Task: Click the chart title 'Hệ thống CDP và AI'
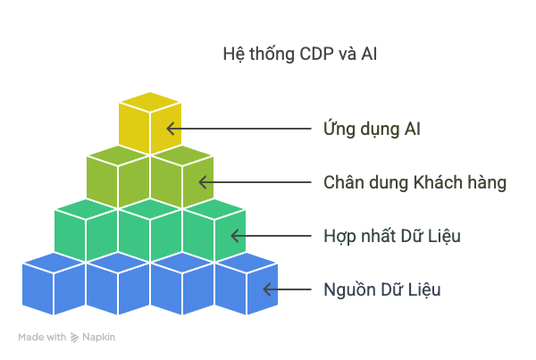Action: [x=300, y=54]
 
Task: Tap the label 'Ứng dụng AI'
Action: [x=372, y=129]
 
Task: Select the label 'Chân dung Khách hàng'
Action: [x=415, y=182]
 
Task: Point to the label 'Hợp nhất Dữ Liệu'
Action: [x=392, y=236]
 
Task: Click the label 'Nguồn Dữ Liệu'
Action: [x=382, y=290]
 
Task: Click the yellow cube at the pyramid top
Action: [x=150, y=123]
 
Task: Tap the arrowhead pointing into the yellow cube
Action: [x=171, y=129]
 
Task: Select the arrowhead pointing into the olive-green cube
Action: [x=203, y=182]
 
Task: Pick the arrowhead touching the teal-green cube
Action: [x=235, y=236]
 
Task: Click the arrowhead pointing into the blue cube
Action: [x=267, y=289]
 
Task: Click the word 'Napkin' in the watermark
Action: [x=99, y=338]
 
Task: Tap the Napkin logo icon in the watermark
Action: [x=74, y=338]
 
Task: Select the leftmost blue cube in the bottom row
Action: [x=54, y=284]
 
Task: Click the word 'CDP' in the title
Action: [x=316, y=54]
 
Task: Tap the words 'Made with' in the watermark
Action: [x=42, y=338]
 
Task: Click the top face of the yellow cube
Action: [x=150, y=102]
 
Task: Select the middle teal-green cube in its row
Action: [x=150, y=230]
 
